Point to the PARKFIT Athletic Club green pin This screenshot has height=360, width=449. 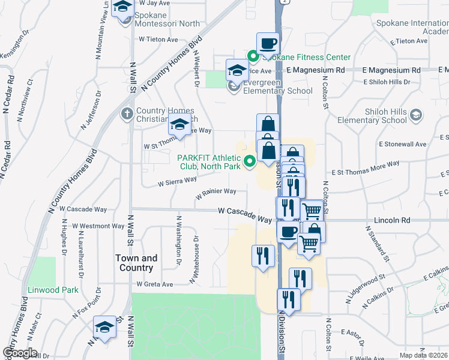pyautogui.click(x=250, y=161)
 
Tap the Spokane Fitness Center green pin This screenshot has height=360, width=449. pyautogui.click(x=253, y=58)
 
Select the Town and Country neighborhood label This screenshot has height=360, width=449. pyautogui.click(x=136, y=263)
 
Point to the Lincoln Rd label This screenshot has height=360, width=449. pyautogui.click(x=391, y=221)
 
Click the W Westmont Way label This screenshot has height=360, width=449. pyautogui.click(x=98, y=226)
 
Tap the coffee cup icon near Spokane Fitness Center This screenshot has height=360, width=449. pyautogui.click(x=268, y=43)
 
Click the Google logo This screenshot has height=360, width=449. pyautogui.click(x=19, y=353)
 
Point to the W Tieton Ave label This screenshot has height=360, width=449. pyautogui.click(x=158, y=40)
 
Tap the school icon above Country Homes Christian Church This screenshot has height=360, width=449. pyautogui.click(x=180, y=124)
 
